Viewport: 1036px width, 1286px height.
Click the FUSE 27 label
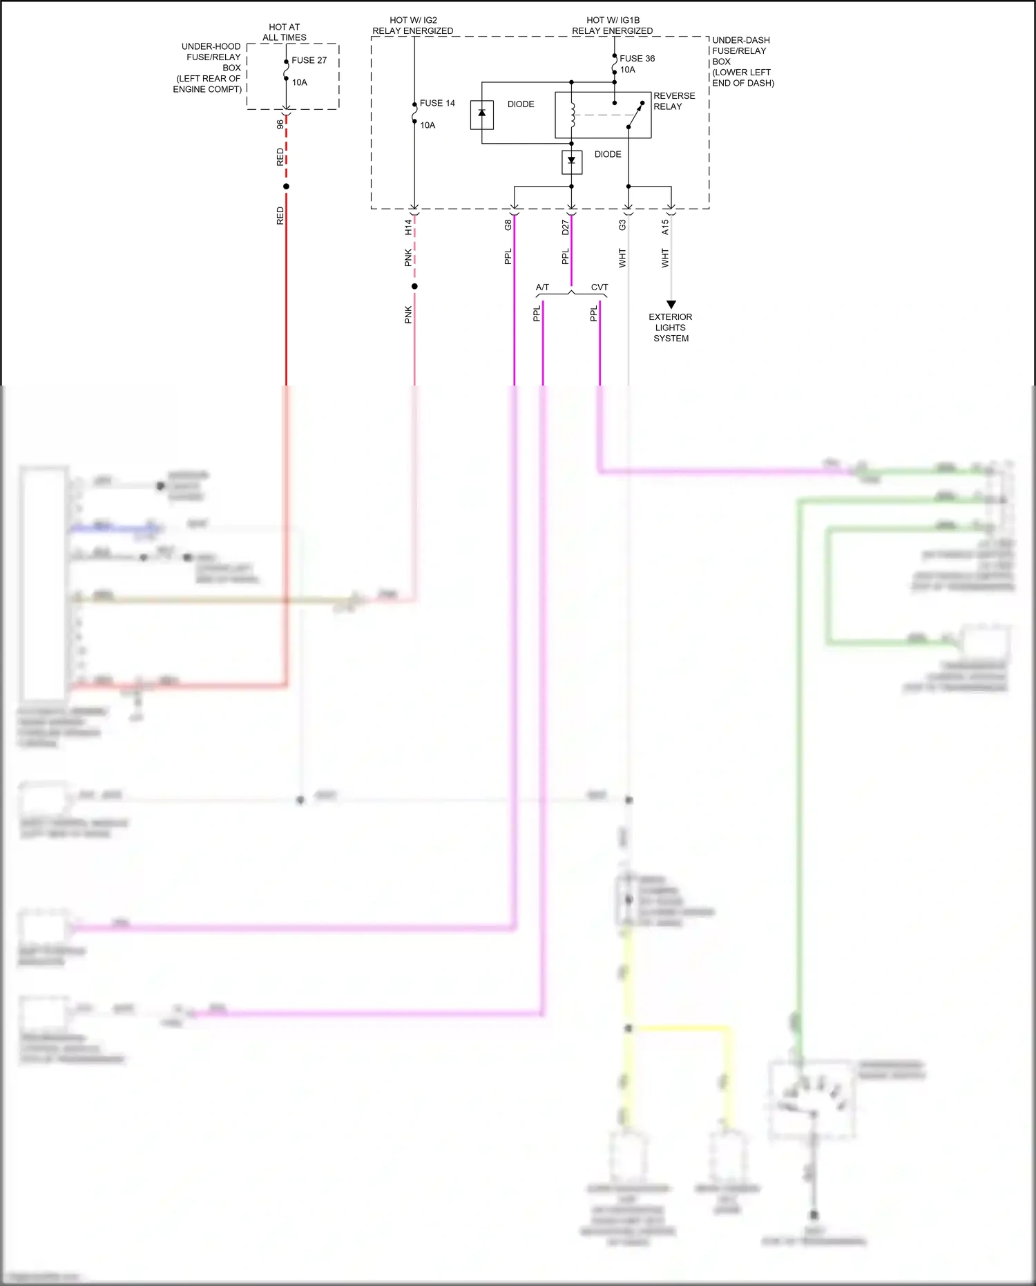pos(309,60)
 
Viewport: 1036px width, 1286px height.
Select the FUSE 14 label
pos(437,103)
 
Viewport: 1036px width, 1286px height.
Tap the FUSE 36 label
pos(637,58)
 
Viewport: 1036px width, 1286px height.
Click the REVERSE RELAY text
pos(673,101)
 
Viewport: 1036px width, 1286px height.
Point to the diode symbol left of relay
pos(482,114)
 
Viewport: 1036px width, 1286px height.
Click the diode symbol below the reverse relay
pos(571,161)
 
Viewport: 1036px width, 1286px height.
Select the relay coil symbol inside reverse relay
pos(573,115)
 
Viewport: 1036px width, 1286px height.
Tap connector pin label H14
pos(408,226)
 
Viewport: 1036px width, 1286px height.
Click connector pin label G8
pos(508,225)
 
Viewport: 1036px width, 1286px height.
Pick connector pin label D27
pos(566,227)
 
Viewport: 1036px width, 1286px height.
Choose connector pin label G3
pos(622,225)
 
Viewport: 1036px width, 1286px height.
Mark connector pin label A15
pos(665,227)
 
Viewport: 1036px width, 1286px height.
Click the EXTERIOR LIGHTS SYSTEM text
pos(671,328)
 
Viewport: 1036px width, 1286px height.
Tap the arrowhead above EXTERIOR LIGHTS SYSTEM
pos(671,304)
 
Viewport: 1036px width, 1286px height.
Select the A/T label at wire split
pos(542,287)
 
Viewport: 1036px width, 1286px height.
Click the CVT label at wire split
pos(599,287)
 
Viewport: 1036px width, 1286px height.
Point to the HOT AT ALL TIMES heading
pos(284,32)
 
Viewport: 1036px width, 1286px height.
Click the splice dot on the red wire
pos(286,186)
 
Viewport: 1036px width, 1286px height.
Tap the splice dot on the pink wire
pos(414,286)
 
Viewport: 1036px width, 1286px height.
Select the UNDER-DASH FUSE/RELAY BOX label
pos(742,61)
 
